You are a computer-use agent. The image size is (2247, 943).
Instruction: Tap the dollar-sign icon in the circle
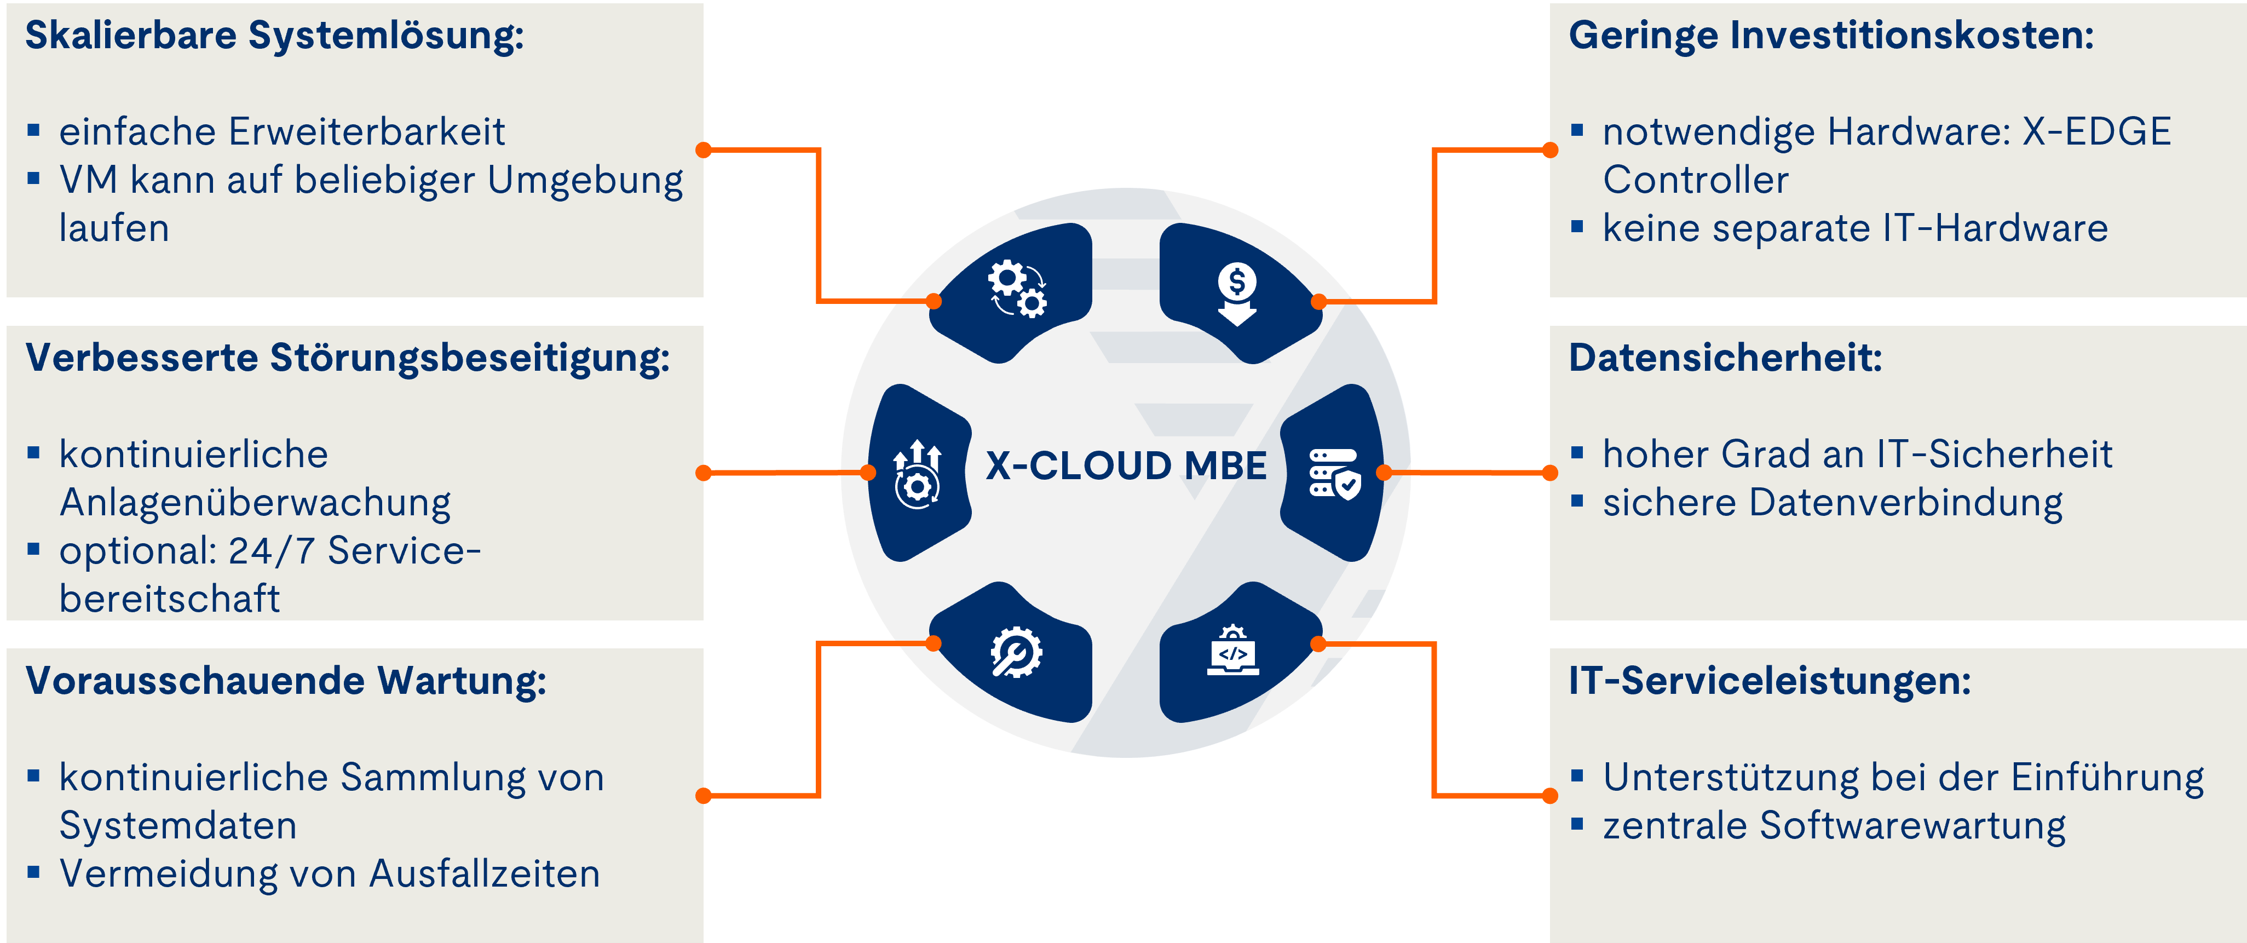tap(1237, 293)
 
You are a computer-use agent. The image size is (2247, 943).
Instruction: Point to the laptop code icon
tap(1232, 651)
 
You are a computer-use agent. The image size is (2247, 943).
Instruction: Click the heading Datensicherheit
tap(1725, 358)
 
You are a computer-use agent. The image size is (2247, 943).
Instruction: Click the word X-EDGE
tap(2096, 132)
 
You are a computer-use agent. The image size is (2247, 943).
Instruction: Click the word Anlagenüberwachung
tap(255, 503)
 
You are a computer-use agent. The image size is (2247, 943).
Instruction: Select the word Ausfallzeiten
tap(485, 874)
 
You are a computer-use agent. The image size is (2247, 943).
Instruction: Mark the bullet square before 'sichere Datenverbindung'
tap(1576, 501)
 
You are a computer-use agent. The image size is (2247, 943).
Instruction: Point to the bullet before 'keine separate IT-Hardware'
tap(1576, 227)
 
